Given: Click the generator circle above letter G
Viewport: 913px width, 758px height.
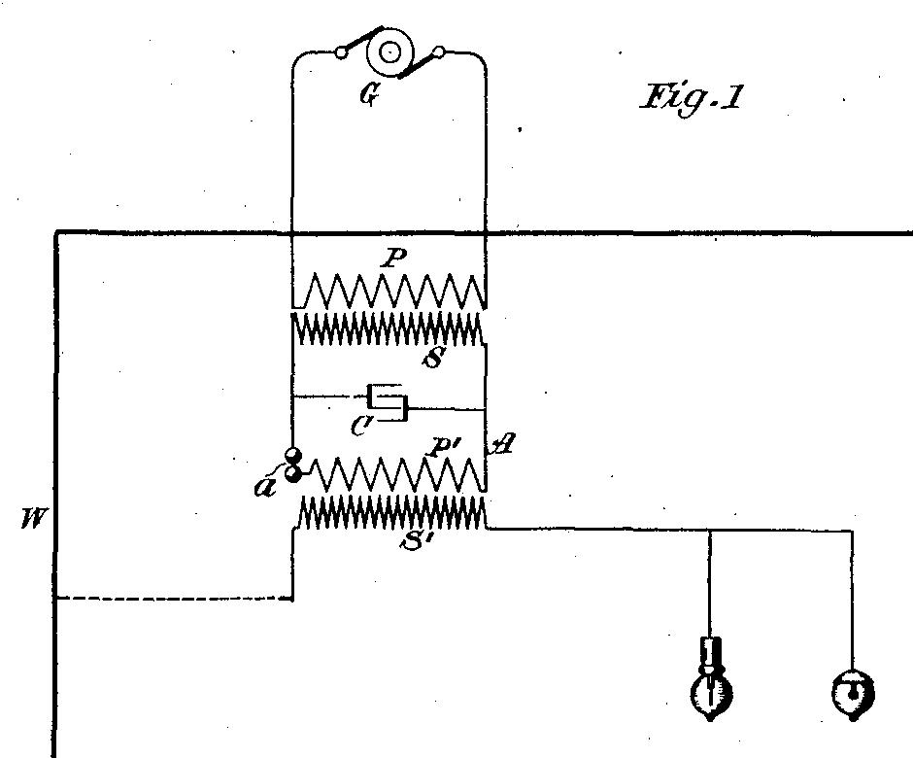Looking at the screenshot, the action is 390,52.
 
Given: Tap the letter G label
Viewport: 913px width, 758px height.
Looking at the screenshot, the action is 368,94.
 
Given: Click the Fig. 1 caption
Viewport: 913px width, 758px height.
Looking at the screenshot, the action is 693,98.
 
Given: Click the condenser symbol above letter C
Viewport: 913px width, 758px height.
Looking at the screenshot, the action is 388,400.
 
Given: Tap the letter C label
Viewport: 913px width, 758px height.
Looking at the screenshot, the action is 361,427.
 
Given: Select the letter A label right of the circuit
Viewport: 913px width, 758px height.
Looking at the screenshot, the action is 502,446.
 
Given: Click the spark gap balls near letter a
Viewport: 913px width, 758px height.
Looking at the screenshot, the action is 293,465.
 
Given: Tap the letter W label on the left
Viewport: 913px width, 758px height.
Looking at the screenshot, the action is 32,518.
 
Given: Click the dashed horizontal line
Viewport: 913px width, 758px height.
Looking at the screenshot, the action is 174,598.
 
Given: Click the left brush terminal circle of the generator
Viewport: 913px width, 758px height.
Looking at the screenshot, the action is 342,53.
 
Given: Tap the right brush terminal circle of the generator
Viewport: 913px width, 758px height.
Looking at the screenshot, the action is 439,53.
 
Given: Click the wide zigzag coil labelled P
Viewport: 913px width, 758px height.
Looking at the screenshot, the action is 389,292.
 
